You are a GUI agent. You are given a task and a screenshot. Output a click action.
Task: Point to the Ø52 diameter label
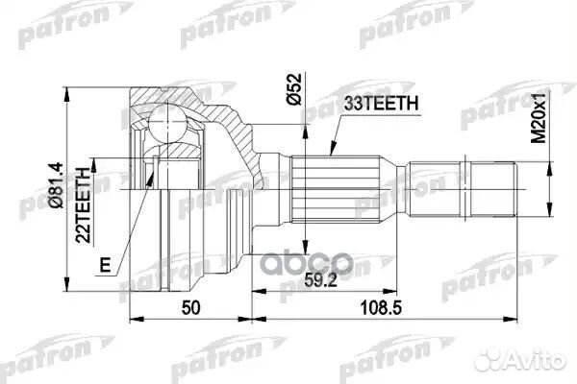(293, 92)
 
